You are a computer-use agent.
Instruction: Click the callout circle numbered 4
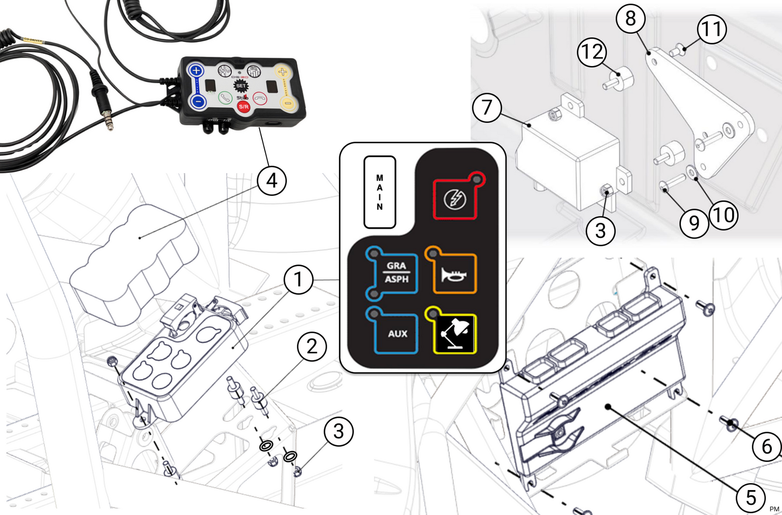(x=272, y=180)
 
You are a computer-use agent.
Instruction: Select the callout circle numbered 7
(x=487, y=107)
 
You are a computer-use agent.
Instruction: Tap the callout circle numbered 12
(x=592, y=52)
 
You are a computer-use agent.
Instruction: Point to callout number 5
(x=751, y=496)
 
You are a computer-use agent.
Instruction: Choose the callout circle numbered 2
(x=312, y=346)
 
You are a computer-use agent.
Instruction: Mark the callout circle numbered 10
(x=724, y=215)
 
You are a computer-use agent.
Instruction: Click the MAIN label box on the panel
(x=379, y=192)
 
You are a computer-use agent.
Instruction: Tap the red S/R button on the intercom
(x=244, y=106)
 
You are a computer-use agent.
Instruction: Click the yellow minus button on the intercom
(x=288, y=103)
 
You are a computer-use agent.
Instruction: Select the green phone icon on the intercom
(x=225, y=98)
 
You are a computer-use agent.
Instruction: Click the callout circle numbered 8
(x=630, y=18)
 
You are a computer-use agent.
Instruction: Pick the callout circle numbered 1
(x=298, y=280)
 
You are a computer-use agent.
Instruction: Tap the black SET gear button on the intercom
(x=241, y=85)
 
